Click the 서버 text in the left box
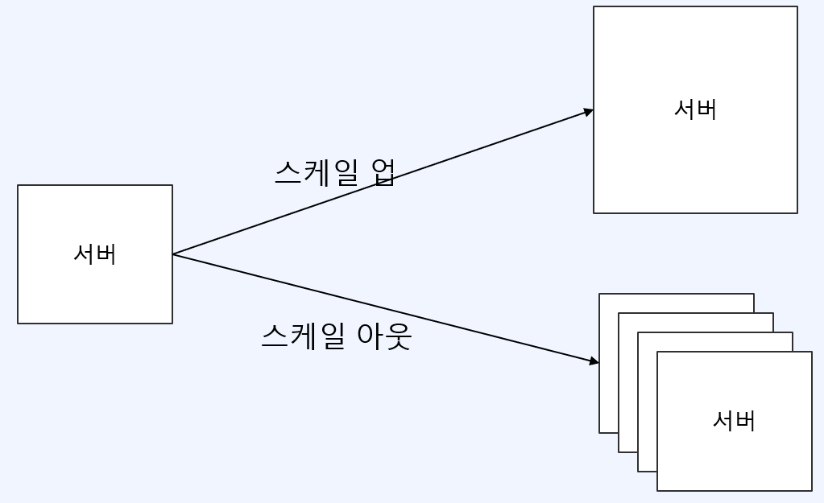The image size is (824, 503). point(95,254)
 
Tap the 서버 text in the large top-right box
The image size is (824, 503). point(695,109)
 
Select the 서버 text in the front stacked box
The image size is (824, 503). point(734,421)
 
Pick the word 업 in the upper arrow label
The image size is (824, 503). point(383,171)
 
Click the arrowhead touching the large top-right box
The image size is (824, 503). point(590,111)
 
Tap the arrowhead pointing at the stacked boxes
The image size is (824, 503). point(595,361)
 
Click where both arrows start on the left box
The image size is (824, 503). point(173,254)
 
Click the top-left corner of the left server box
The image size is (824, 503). point(18,185)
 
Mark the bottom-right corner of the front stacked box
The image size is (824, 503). point(811,490)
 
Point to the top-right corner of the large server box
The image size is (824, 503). point(797,7)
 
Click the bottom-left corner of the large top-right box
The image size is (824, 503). point(594,213)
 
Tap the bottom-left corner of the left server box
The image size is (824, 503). point(18,324)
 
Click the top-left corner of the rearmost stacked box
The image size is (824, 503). point(599,294)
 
